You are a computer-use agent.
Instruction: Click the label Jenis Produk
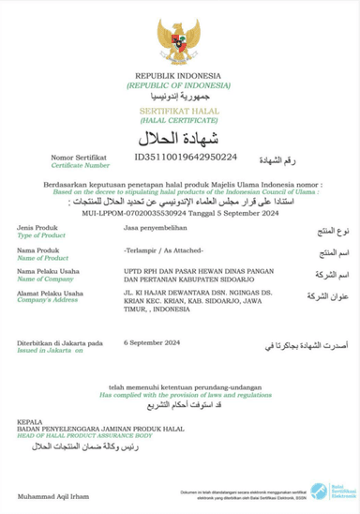pyautogui.click(x=38, y=231)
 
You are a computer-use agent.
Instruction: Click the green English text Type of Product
pyautogui.click(x=39, y=238)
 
